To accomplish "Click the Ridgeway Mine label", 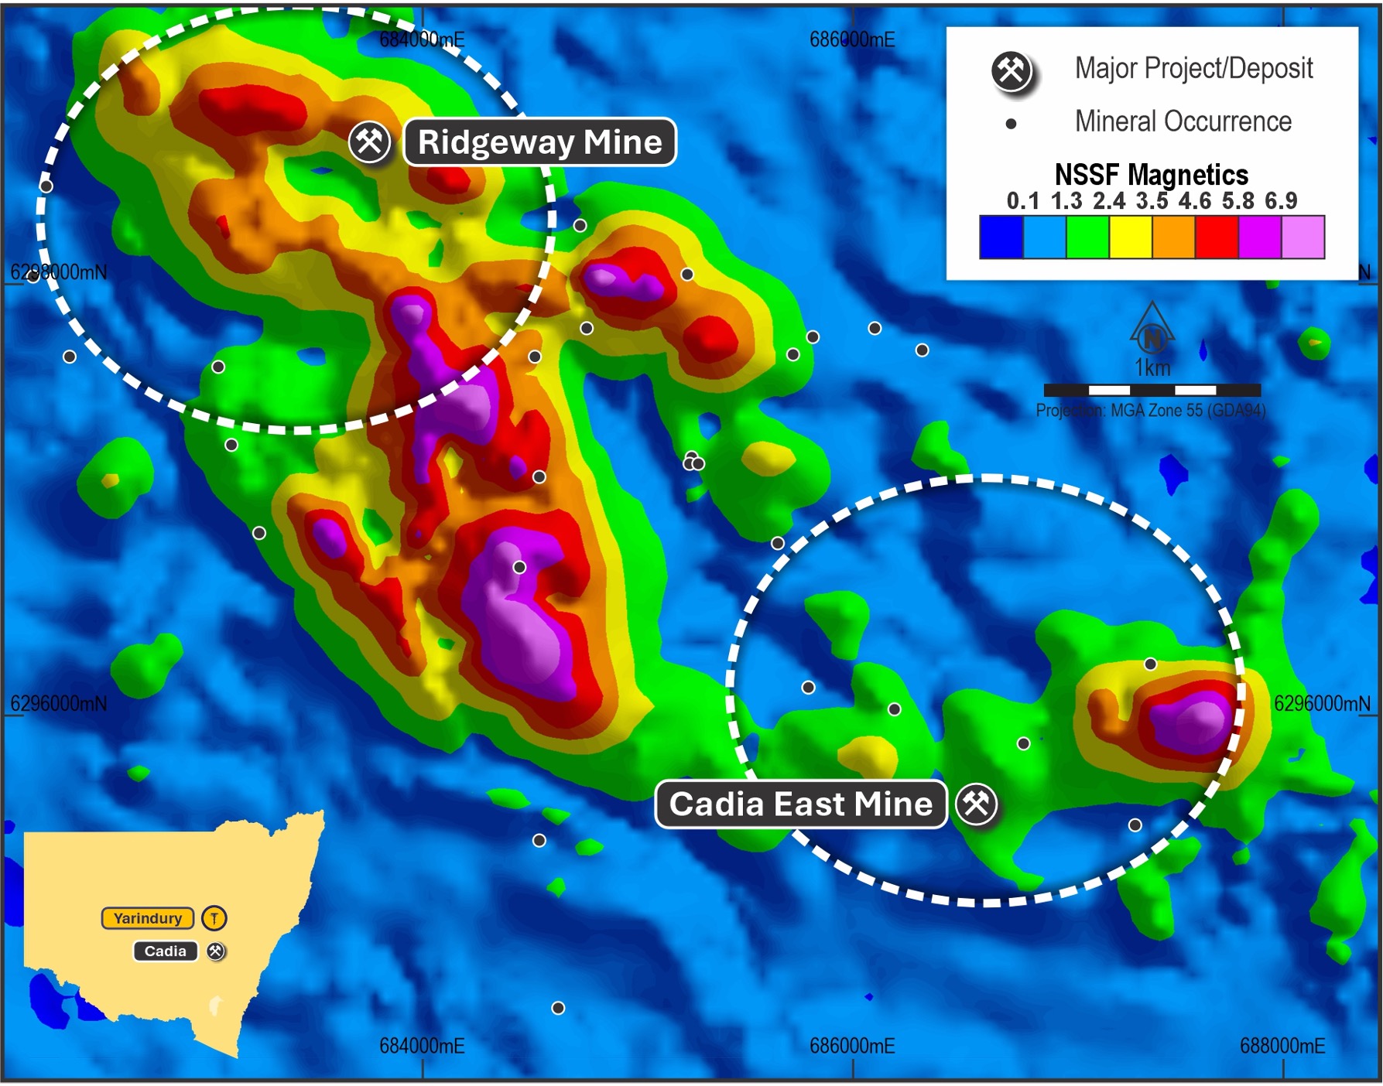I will [x=539, y=142].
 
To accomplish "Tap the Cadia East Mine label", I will [x=800, y=804].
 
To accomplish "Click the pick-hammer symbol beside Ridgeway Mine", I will [x=369, y=142].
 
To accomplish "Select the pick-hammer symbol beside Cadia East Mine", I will [x=977, y=804].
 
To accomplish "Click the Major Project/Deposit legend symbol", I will [x=1012, y=71].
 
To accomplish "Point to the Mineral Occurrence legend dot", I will [x=1011, y=124].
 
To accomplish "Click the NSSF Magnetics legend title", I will [x=1151, y=175].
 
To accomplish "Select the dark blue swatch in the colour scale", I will [x=1001, y=237].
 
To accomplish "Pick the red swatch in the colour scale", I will [x=1217, y=237].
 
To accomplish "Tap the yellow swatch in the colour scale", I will [x=1131, y=237].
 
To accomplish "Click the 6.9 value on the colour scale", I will [x=1281, y=201].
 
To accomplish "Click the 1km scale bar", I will [x=1152, y=390].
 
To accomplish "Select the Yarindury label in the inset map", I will [x=148, y=918].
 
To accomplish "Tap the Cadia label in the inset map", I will [x=165, y=951].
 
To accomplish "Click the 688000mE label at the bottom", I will [x=1282, y=1047].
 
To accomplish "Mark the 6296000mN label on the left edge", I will [x=59, y=704].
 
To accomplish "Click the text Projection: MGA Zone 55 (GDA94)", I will [x=1151, y=411].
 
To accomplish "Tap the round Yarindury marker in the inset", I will [x=214, y=918].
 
